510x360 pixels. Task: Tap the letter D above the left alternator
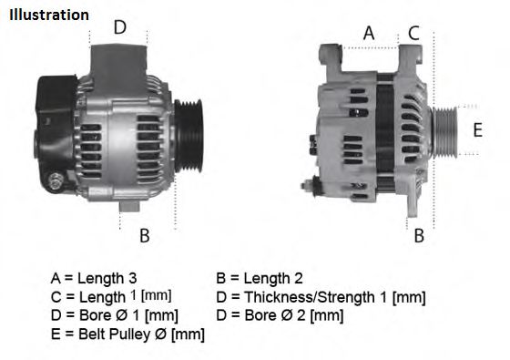pyautogui.click(x=119, y=27)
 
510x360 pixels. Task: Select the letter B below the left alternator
pyautogui.click(x=144, y=236)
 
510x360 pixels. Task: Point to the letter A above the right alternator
pyautogui.click(x=369, y=34)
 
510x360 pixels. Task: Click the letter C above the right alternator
pyautogui.click(x=413, y=34)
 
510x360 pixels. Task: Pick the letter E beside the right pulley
pyautogui.click(x=477, y=129)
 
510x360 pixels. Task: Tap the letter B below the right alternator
pyautogui.click(x=419, y=236)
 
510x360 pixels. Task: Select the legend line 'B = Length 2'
pyautogui.click(x=260, y=278)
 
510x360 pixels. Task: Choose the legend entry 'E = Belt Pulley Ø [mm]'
pyautogui.click(x=127, y=334)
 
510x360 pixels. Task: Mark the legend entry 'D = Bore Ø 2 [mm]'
pyautogui.click(x=280, y=315)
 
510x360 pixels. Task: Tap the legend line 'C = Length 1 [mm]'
pyautogui.click(x=110, y=297)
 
